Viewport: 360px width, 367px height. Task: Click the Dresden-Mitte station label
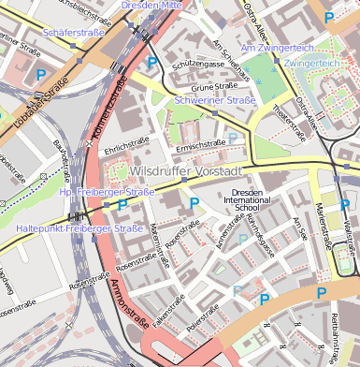point(151,6)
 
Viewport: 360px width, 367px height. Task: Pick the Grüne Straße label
point(211,87)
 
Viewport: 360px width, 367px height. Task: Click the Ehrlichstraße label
point(127,148)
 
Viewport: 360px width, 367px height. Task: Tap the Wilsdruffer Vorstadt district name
point(186,172)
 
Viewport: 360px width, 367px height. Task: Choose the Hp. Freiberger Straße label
point(106,192)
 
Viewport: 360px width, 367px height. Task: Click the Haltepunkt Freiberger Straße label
point(79,228)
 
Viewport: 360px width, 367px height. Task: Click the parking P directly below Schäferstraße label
point(40,74)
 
